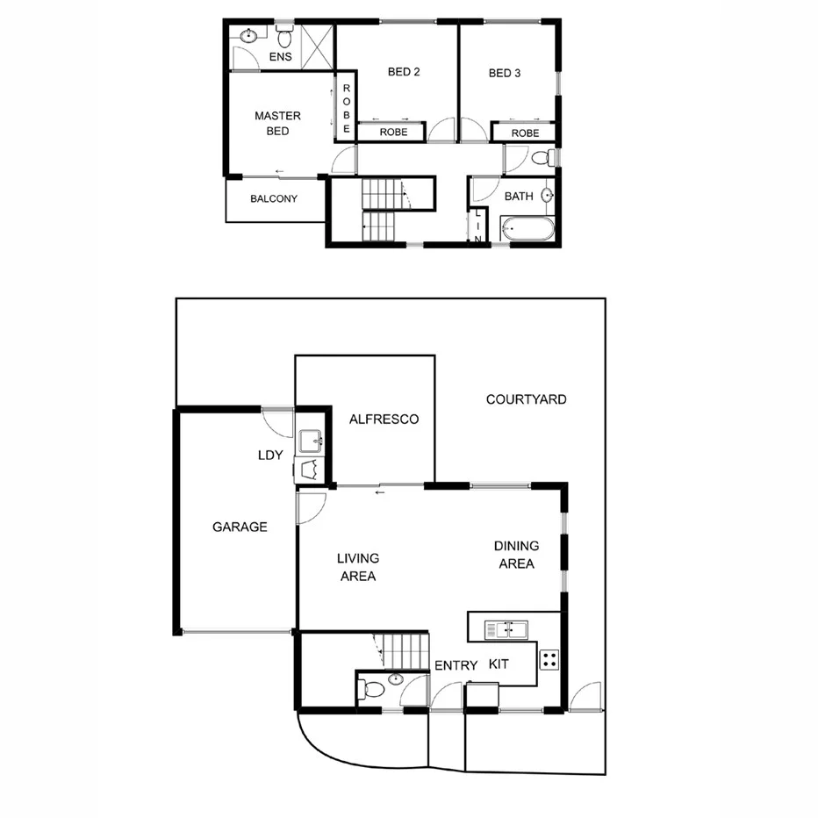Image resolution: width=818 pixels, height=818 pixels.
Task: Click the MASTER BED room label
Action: [277, 123]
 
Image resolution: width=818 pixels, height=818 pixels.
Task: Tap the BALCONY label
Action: [274, 199]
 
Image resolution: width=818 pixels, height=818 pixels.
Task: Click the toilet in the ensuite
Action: [284, 38]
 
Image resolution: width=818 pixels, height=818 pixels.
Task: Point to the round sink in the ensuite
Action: [249, 36]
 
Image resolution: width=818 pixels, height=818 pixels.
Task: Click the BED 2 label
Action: [404, 73]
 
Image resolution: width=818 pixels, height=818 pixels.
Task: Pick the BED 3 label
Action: [505, 73]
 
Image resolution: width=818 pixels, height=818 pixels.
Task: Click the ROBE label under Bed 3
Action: [525, 133]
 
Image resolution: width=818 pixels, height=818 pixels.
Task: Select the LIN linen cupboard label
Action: [478, 226]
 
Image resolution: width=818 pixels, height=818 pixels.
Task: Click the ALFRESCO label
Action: [384, 420]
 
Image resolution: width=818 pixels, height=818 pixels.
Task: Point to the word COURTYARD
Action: [526, 399]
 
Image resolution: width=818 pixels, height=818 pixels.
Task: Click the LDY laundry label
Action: [269, 456]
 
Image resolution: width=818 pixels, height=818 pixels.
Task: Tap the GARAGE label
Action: [240, 527]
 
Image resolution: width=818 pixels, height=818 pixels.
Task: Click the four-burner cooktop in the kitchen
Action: [549, 659]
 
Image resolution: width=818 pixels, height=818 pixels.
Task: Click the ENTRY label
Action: [456, 666]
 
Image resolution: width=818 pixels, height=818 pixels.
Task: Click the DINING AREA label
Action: [516, 555]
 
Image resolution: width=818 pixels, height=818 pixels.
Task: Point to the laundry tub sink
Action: [311, 440]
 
